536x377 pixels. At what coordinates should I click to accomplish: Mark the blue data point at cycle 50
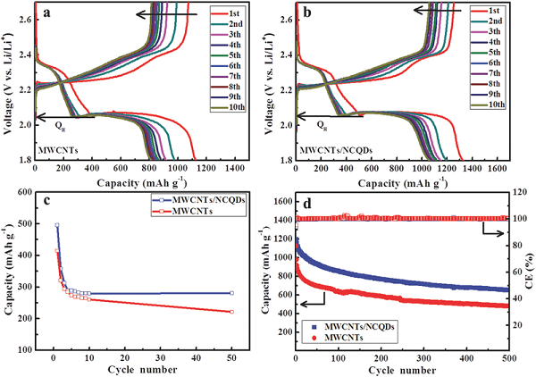pos(231,293)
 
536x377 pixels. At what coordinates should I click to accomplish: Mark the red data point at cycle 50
pos(231,312)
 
